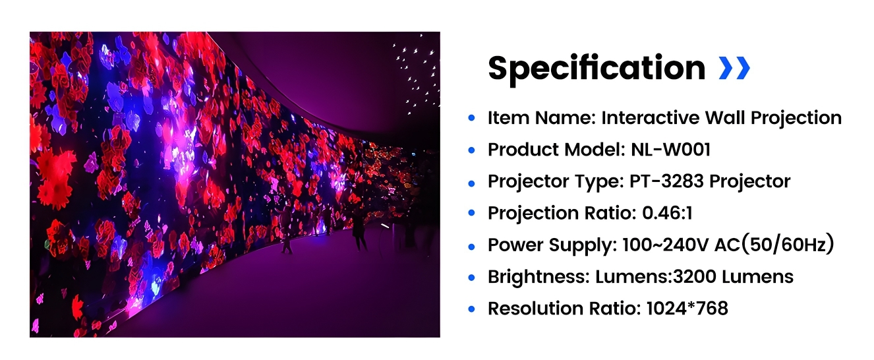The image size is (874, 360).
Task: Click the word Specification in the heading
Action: (x=597, y=68)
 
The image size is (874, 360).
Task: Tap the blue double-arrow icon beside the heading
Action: (x=734, y=67)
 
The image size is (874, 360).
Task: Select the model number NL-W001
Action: (x=668, y=150)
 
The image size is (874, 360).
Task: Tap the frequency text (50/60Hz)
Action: (x=788, y=245)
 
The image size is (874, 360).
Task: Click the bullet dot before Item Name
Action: (x=471, y=119)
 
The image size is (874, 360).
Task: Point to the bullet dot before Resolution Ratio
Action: (x=471, y=309)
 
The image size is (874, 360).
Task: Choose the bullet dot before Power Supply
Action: (x=471, y=246)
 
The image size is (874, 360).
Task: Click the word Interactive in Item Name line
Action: (x=643, y=118)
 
